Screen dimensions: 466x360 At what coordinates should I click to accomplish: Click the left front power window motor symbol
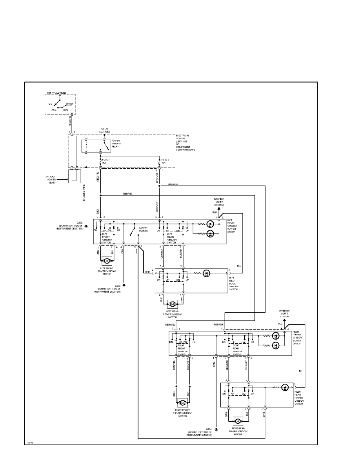(x=106, y=260)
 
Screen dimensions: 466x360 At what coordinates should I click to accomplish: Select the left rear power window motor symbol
(x=172, y=304)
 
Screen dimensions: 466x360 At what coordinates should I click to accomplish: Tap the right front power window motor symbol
(x=183, y=402)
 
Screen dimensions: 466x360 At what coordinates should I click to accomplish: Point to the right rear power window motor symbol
(x=238, y=421)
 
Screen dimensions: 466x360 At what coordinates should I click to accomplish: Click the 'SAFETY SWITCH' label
(x=142, y=229)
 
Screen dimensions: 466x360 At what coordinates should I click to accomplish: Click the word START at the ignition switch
(x=69, y=104)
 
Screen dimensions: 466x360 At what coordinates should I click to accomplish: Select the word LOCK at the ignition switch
(x=49, y=104)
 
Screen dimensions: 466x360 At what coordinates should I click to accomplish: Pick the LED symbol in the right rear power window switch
(x=286, y=388)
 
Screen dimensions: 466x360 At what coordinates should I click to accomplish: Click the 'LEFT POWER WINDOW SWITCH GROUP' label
(x=233, y=227)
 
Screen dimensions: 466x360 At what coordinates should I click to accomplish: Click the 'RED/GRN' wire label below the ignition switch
(x=70, y=121)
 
